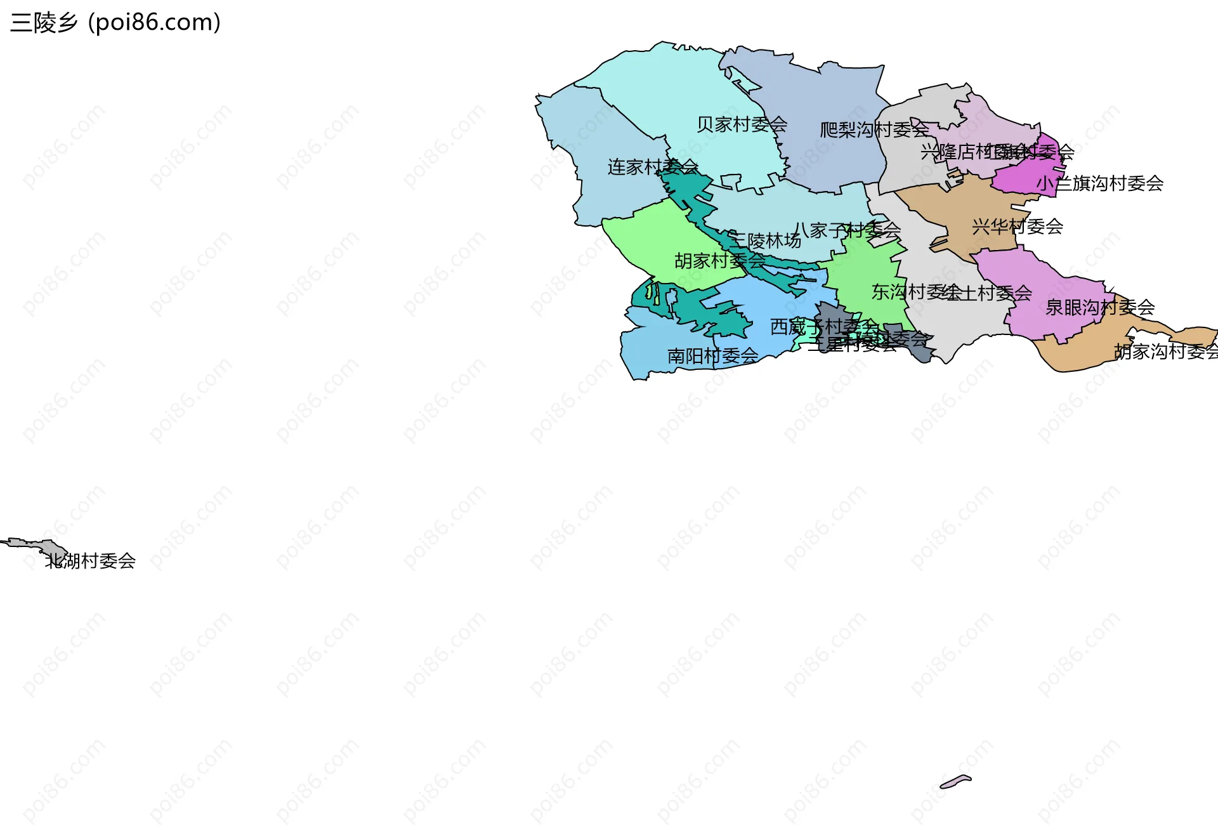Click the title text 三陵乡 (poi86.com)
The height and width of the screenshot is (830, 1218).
click(115, 23)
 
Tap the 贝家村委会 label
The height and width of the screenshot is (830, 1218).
click(742, 124)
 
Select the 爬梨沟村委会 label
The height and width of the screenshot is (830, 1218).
click(874, 130)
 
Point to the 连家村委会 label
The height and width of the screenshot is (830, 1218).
click(653, 167)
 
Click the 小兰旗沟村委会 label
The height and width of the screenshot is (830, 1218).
click(1099, 183)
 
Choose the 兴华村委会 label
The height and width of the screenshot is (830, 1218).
click(1017, 227)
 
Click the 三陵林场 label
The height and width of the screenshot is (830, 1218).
click(765, 241)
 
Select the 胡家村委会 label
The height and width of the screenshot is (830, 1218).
click(720, 261)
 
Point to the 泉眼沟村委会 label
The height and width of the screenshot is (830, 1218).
click(1099, 308)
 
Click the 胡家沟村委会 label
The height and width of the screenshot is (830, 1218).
click(1166, 352)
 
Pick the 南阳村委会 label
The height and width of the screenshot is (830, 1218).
click(712, 356)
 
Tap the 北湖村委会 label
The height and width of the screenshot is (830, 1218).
click(90, 561)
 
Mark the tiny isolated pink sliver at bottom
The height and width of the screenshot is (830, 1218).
click(955, 781)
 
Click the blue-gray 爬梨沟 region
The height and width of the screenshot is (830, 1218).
click(818, 95)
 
